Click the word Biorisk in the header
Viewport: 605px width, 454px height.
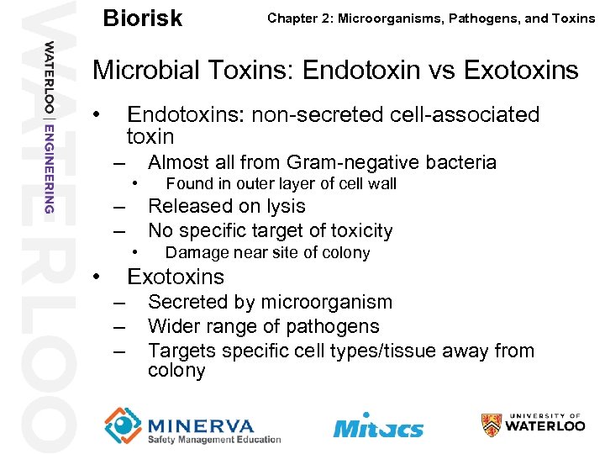(142, 18)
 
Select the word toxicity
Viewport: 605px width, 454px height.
(357, 230)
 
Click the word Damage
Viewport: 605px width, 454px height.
(194, 253)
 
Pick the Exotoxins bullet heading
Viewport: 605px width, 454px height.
(176, 277)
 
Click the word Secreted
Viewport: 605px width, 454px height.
(187, 302)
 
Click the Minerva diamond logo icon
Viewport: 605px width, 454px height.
(123, 425)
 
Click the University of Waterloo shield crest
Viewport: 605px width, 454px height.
(492, 425)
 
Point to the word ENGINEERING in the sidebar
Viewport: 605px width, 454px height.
(50, 167)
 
